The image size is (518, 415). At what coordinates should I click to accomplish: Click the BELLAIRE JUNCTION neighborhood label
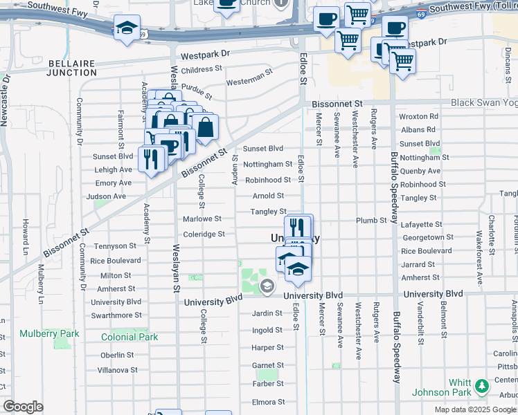point(72,68)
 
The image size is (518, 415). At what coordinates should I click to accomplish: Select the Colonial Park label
point(129,337)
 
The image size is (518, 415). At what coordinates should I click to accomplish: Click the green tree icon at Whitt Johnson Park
point(483,384)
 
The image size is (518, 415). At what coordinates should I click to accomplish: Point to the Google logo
point(23,407)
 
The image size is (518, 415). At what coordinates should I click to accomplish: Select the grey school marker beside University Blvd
point(267,285)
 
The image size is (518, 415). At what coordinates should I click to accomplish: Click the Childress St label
point(202,69)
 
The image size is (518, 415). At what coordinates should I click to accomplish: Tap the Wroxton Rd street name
point(419,117)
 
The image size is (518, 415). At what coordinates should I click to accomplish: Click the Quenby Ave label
point(419,171)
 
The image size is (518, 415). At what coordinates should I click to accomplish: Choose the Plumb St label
point(371,220)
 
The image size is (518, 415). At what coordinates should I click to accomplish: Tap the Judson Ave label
point(105,196)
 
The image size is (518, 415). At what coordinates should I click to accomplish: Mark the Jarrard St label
point(418,264)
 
